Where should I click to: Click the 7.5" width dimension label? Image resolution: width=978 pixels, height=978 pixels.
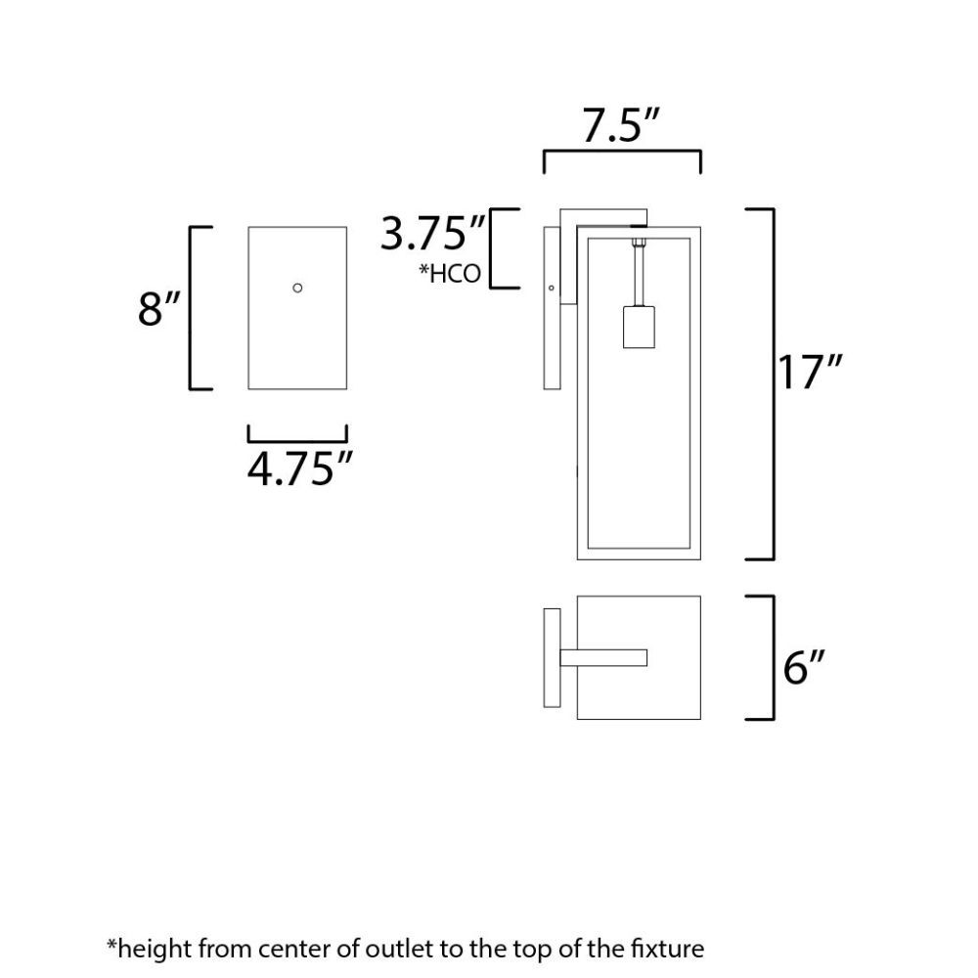(620, 126)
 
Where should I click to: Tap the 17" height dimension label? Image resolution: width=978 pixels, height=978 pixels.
(810, 372)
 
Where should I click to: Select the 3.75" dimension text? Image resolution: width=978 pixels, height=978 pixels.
(432, 234)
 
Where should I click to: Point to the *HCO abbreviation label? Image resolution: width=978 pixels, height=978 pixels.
(449, 274)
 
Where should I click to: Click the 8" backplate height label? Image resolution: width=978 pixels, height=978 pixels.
(158, 308)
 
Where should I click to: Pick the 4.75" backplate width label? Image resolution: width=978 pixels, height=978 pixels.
(300, 468)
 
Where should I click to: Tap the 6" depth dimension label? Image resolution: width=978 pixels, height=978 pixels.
(804, 667)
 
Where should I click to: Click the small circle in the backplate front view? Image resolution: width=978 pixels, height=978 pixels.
(297, 288)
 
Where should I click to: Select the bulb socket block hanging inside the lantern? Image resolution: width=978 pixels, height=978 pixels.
(639, 327)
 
